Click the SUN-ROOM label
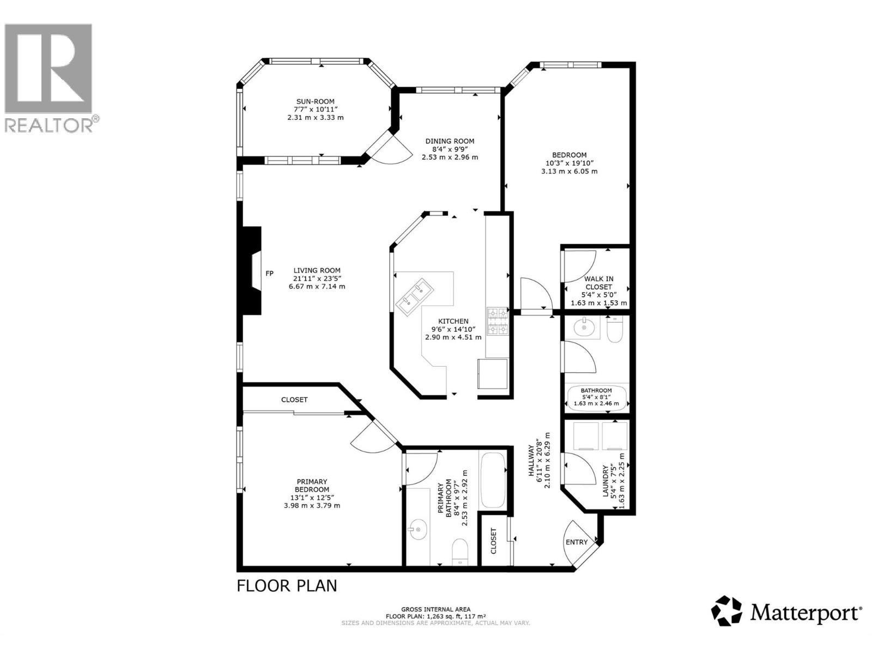coord(315,101)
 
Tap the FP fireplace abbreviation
coord(269,274)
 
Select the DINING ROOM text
coord(450,141)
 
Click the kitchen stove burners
coord(498,321)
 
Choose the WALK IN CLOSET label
coord(598,283)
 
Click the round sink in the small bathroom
coord(584,327)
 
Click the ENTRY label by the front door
coord(577,542)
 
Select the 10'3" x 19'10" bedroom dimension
coord(569,163)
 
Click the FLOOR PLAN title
coord(287,586)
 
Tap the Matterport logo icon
coord(727,610)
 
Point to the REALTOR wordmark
coord(51,125)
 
